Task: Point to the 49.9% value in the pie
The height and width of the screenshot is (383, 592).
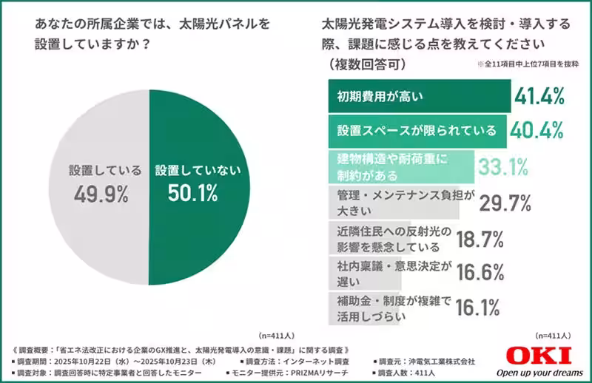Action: click(101, 194)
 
